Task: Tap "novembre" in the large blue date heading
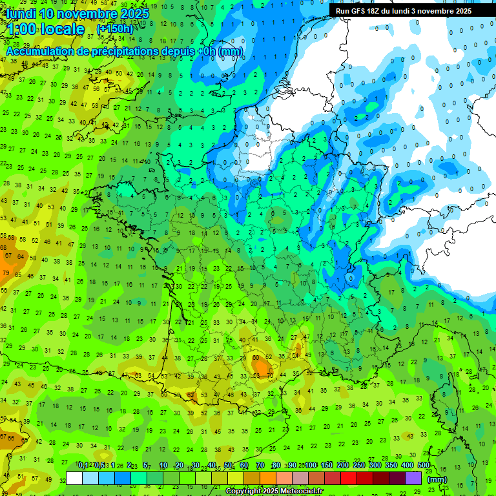pos(90,14)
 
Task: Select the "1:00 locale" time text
pos(45,29)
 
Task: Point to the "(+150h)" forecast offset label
pos(114,30)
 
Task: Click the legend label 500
pos(424,466)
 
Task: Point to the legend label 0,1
pos(83,466)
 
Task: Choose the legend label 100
pos(311,466)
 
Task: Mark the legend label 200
pos(343,466)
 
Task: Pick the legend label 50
pos(228,466)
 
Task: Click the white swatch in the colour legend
pos(74,478)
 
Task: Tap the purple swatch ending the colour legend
pos(413,478)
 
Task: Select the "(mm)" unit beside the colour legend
pos(437,479)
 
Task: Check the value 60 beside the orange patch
pos(256,357)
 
